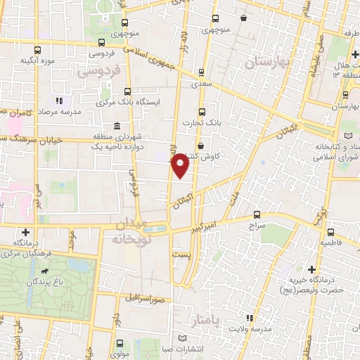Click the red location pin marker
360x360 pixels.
181,165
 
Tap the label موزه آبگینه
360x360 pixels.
38,60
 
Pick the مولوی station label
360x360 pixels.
119,354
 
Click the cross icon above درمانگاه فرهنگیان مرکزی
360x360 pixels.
26,232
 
